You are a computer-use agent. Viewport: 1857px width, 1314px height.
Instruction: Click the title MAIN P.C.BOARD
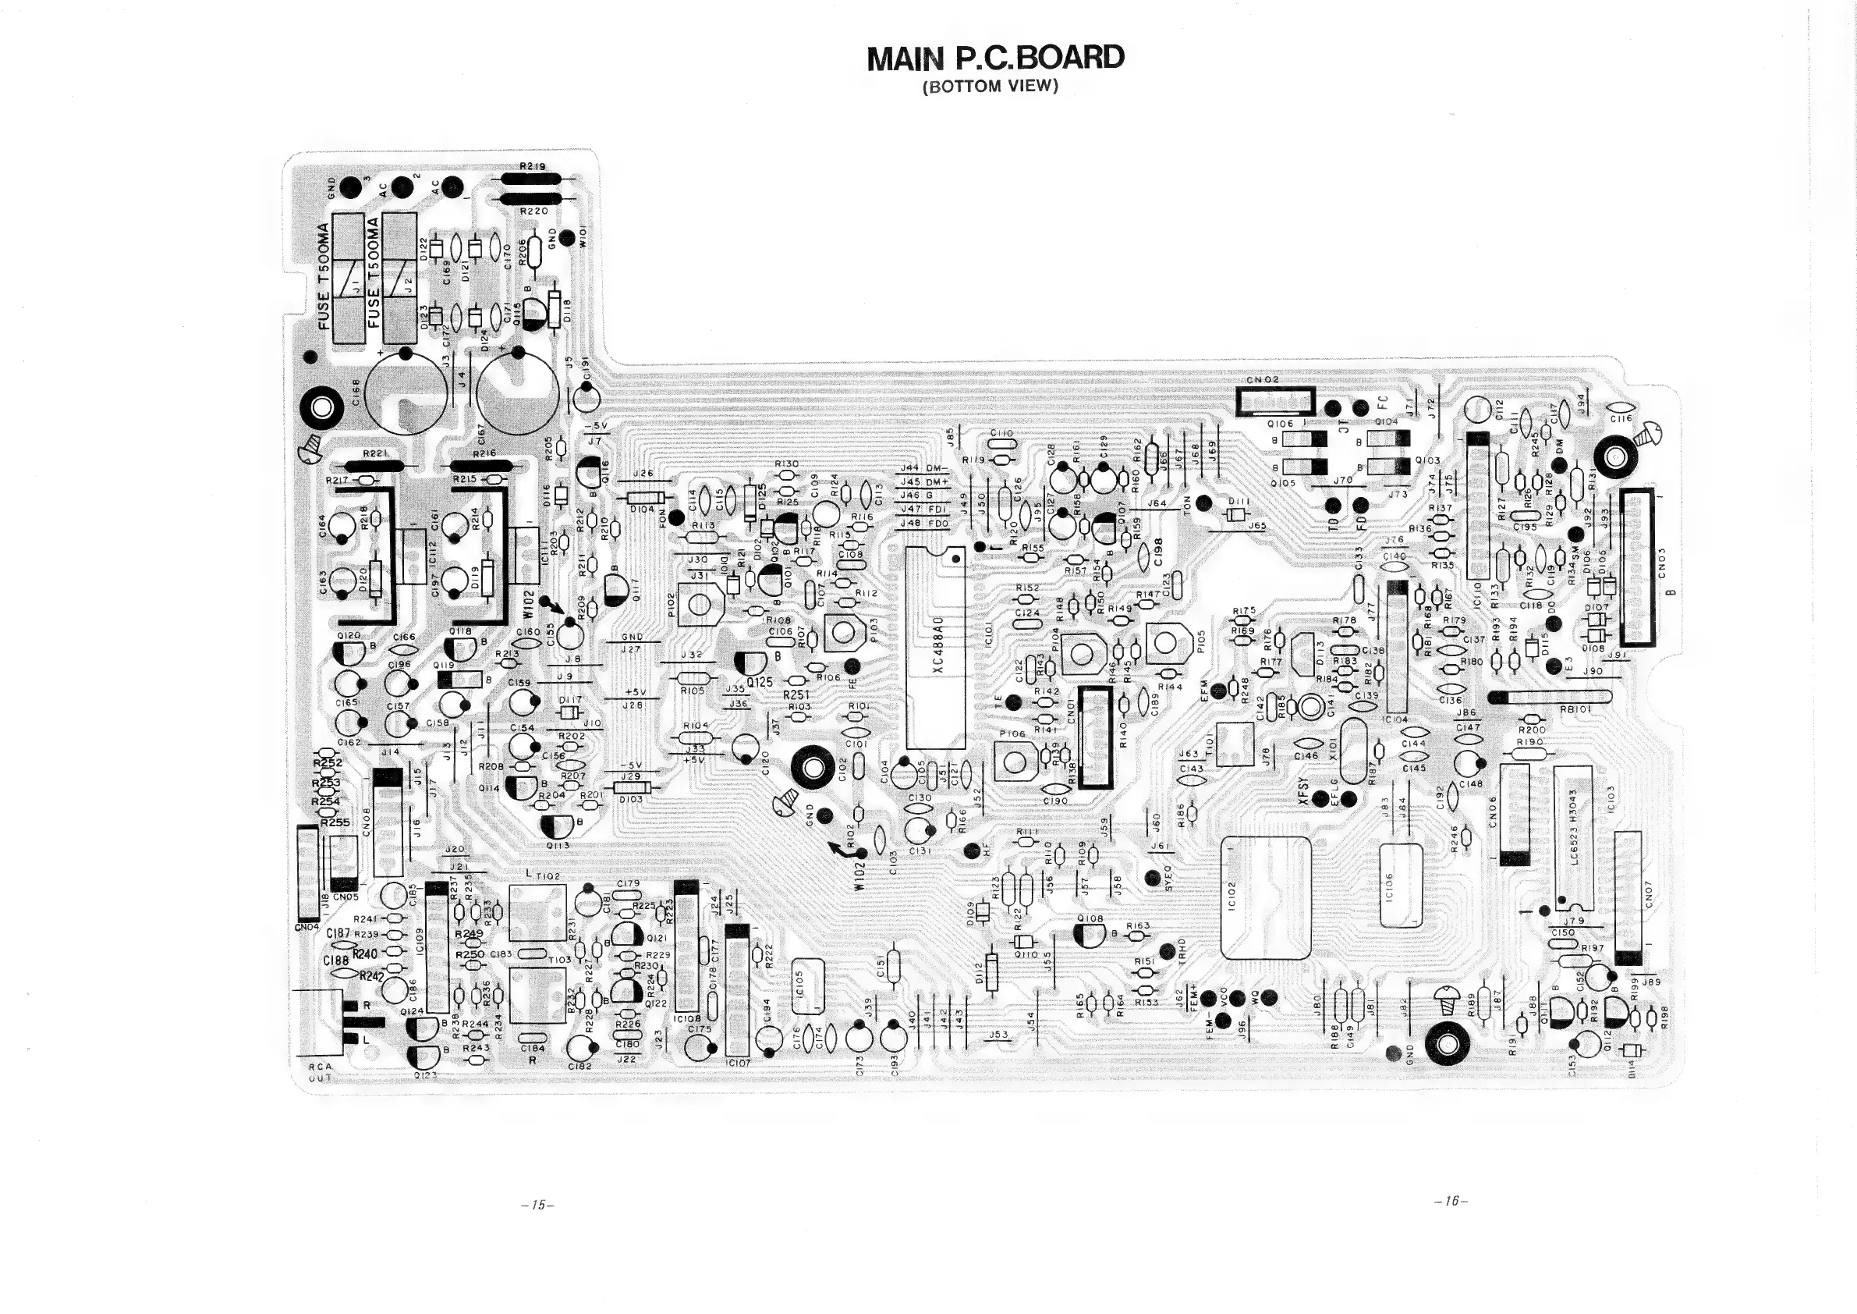click(x=995, y=59)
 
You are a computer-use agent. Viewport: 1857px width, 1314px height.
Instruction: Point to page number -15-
click(x=538, y=1205)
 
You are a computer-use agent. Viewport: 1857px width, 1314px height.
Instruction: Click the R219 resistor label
click(x=533, y=167)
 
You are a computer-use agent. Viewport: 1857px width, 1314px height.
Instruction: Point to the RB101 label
click(x=1576, y=709)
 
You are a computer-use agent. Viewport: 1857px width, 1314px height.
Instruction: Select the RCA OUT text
click(x=321, y=1072)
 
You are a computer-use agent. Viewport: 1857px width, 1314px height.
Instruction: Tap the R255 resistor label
click(x=334, y=822)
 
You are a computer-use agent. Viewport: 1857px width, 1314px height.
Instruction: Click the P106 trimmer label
click(x=1012, y=734)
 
